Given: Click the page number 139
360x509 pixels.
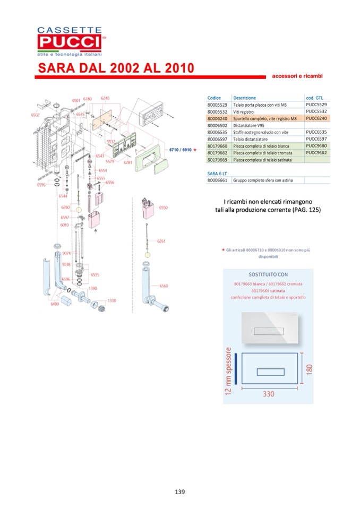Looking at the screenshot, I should (x=179, y=491).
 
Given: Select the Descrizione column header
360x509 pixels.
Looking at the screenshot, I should (x=244, y=98).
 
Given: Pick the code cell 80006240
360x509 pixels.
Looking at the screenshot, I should (x=217, y=119).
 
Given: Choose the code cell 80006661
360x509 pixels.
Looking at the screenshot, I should (x=217, y=180).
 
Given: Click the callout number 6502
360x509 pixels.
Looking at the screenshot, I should (x=36, y=114).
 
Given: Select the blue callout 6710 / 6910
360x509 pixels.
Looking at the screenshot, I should (x=179, y=151).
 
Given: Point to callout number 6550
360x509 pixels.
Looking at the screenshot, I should (x=163, y=208).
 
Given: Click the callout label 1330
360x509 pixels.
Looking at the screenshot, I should (x=112, y=300).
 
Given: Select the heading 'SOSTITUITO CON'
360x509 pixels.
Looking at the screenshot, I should (x=268, y=275).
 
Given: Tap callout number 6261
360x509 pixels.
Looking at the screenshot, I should (x=161, y=241).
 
